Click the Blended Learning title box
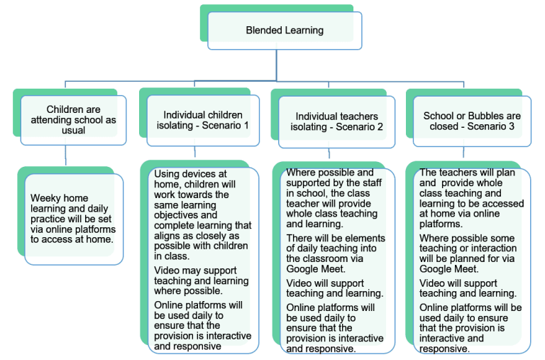click(285, 31)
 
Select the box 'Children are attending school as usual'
click(73, 120)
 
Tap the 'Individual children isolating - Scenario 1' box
click(203, 120)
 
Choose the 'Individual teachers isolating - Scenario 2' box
click(336, 121)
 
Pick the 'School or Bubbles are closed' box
click(472, 121)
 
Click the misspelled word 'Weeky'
click(43, 198)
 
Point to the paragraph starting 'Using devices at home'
click(203, 215)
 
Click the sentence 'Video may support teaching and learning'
click(202, 280)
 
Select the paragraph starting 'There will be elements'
click(336, 253)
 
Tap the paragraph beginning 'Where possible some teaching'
click(468, 253)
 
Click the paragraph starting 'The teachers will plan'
click(471, 198)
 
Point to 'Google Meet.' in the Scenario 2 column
click(316, 269)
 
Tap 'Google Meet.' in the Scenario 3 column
click(449, 269)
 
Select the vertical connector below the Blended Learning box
click(277, 65)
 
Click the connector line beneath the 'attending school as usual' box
click(66, 156)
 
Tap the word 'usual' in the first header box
click(73, 131)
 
